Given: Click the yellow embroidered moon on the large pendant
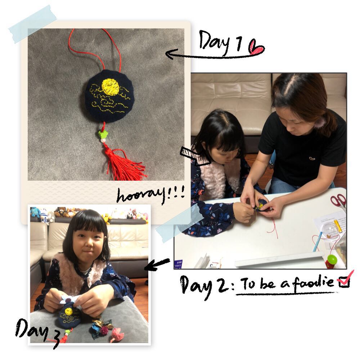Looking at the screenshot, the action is click(x=111, y=86).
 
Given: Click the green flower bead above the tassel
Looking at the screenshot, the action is click(x=102, y=134).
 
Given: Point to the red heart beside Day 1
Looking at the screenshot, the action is click(x=256, y=47).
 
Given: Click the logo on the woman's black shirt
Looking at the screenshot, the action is click(x=311, y=158).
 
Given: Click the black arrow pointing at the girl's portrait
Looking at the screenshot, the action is click(x=157, y=264).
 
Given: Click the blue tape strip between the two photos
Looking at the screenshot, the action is click(x=179, y=224).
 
